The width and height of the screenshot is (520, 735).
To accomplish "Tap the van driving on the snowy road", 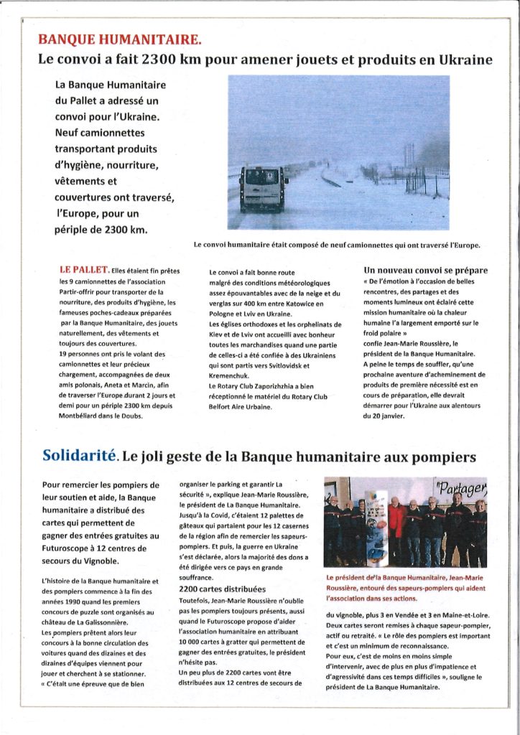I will coord(264,187).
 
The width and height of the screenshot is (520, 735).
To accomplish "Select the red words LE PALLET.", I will coord(84,271).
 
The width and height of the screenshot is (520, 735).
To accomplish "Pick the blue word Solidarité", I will coord(79,454).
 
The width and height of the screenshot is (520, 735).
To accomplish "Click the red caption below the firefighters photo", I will coord(406,586).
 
